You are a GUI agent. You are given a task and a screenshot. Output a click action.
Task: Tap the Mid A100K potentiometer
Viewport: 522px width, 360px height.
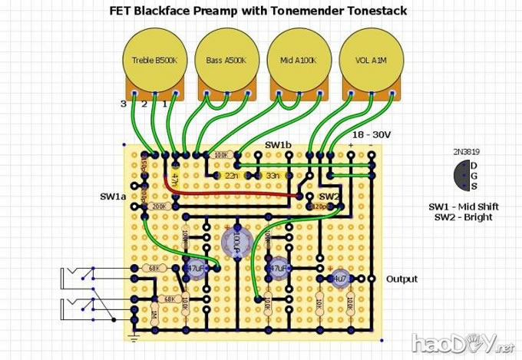click(x=295, y=60)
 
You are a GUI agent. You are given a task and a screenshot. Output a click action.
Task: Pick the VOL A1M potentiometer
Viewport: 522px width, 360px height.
click(x=367, y=60)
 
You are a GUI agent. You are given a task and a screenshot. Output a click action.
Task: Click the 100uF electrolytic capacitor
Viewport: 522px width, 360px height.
click(x=237, y=243)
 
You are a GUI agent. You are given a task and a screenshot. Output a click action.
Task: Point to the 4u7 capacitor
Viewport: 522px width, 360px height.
click(x=339, y=279)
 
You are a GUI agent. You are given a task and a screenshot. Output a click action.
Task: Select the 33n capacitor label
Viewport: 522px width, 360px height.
click(x=273, y=176)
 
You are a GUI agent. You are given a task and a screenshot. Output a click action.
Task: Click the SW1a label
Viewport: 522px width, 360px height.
click(x=113, y=197)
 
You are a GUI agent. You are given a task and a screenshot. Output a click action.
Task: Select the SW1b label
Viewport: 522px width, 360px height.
click(x=278, y=145)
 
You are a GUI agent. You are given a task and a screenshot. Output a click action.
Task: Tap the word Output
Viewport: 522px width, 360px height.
click(x=401, y=279)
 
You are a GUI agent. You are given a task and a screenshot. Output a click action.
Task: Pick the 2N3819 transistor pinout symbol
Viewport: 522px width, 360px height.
click(x=462, y=176)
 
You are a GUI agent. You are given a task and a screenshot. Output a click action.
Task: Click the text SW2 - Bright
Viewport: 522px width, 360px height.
click(x=461, y=218)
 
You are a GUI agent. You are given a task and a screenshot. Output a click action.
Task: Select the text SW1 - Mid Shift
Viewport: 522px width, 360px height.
click(x=461, y=207)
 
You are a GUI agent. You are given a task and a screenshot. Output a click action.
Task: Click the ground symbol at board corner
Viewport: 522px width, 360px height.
click(x=134, y=338)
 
